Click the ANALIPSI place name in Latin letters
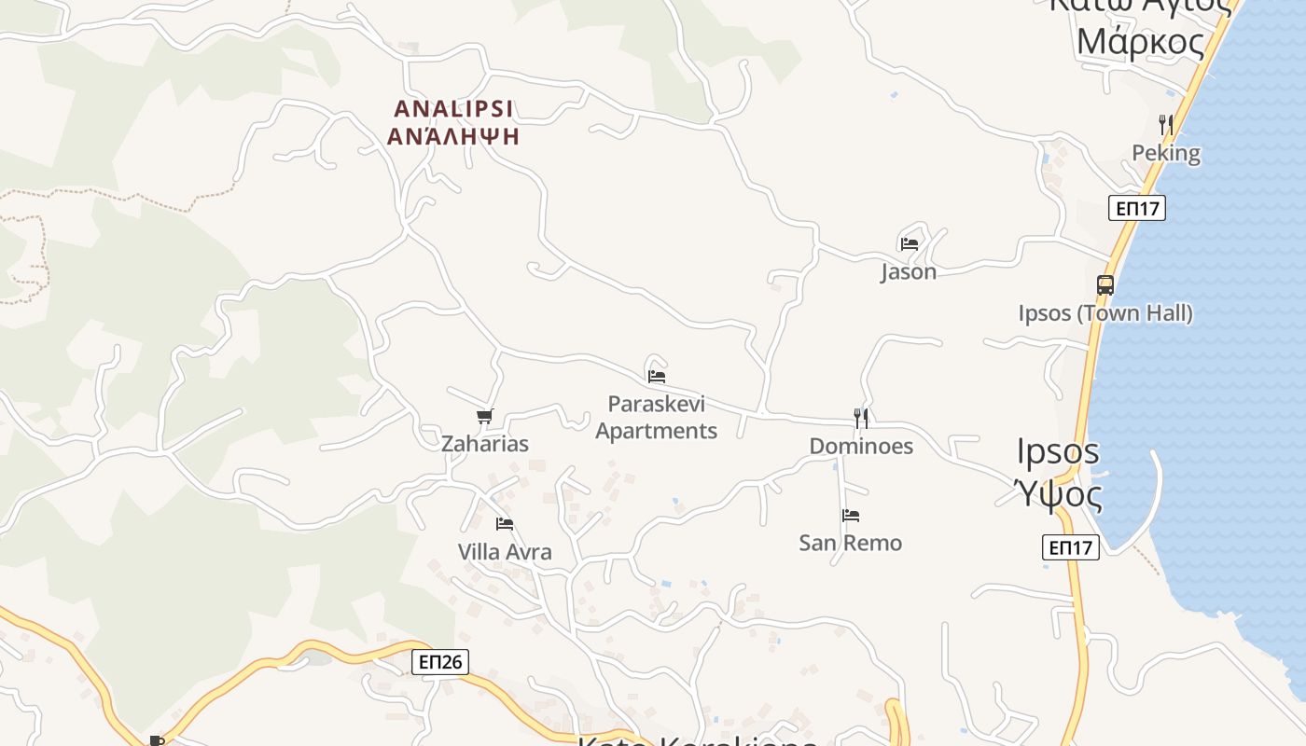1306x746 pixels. coord(453,108)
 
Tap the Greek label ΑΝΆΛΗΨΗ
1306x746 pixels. coord(453,136)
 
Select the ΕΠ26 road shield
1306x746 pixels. coord(439,662)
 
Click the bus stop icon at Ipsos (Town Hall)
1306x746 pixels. coord(1105,285)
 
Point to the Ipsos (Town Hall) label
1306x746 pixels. coord(1105,312)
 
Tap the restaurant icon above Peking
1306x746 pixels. coord(1165,124)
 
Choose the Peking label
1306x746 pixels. coord(1166,153)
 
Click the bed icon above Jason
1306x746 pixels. coord(910,244)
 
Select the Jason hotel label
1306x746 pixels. coord(909,272)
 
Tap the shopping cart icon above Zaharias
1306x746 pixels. coord(484,417)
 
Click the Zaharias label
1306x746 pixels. coord(485,444)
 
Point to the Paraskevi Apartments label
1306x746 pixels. coord(657,417)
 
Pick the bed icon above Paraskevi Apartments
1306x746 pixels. coord(657,377)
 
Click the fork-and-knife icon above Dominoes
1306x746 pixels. coord(861,418)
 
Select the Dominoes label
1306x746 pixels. coord(861,446)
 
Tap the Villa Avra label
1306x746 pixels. coord(505,552)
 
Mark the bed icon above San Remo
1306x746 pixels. coord(851,515)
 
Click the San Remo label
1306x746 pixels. coord(851,543)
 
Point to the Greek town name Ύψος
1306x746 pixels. coord(1059,492)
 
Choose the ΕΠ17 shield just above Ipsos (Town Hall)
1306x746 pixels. coord(1137,208)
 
